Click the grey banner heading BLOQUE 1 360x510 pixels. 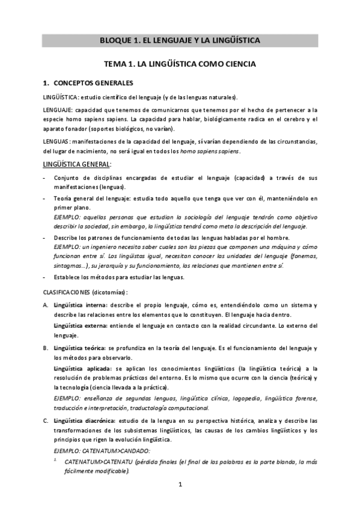pos(180,41)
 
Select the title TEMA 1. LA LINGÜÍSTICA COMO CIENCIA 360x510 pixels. pos(180,63)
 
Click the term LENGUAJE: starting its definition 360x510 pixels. pos(58,110)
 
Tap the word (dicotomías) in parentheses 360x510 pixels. pos(110,292)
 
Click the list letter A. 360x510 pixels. pos(46,305)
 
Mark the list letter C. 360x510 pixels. pos(46,420)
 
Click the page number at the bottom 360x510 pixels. pos(180,485)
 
